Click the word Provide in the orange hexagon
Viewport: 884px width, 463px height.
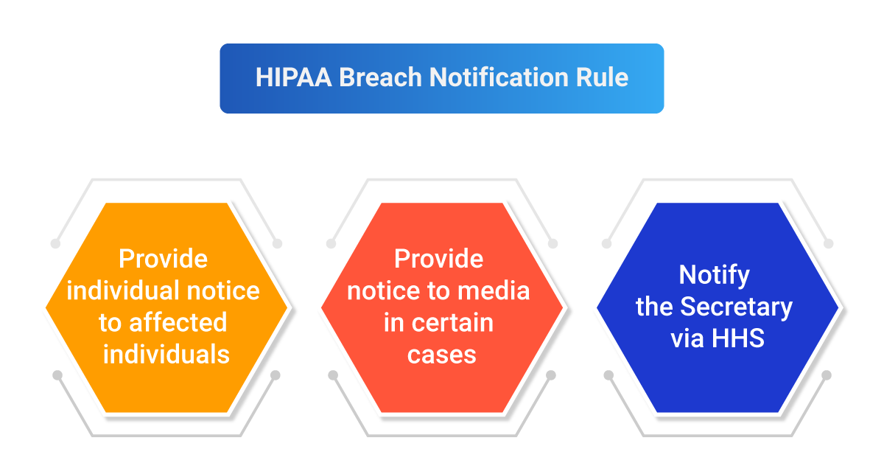point(164,259)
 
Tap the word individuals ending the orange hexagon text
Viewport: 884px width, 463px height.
point(166,355)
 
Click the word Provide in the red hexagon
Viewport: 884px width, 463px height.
point(439,259)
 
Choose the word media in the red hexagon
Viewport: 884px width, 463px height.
point(495,290)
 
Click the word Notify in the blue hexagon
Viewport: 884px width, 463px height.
point(715,274)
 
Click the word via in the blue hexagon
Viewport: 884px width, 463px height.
point(688,338)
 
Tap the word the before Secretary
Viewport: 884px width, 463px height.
point(655,306)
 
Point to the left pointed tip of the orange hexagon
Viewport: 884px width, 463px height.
point(46,307)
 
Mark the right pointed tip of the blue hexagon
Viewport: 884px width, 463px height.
point(838,307)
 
